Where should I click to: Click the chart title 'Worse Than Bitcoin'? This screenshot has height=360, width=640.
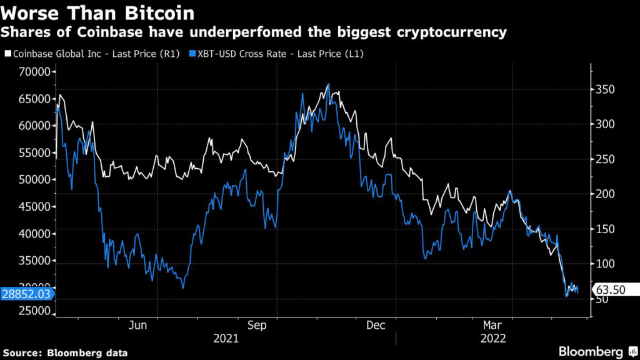point(97,12)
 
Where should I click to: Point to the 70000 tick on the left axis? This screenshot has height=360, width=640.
point(32,72)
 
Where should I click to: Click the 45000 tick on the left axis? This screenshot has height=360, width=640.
point(32,206)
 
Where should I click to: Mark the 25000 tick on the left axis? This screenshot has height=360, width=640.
point(32,311)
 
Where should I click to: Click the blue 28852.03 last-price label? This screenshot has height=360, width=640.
point(25,292)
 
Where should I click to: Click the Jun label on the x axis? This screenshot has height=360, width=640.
point(137,326)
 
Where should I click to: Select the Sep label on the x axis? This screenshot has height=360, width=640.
point(257,326)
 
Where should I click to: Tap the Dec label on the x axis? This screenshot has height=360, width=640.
point(376,326)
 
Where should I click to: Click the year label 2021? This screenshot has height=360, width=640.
point(226,338)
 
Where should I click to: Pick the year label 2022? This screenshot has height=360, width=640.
point(494,338)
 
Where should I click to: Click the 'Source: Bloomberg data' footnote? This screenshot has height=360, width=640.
point(64,352)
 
